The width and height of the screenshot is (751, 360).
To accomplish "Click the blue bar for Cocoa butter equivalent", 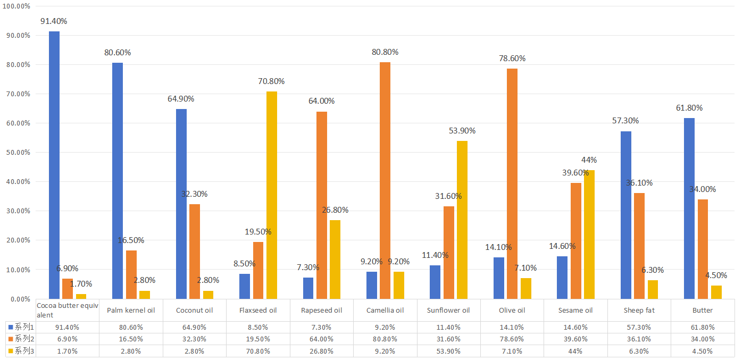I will [x=54, y=165].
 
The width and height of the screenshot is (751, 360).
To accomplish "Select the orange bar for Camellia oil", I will [x=385, y=181].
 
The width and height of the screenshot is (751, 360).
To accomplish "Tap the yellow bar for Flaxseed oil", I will [x=272, y=195].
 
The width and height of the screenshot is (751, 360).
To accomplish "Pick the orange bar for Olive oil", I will [x=512, y=183].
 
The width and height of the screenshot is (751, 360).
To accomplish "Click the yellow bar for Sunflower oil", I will [x=462, y=220].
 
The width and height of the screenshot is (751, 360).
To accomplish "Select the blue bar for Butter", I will [x=689, y=208].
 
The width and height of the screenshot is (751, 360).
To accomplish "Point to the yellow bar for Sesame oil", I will [x=589, y=235].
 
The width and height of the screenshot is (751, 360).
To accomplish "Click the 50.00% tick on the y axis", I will [x=17, y=153].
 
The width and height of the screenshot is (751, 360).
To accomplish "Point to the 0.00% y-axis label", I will [x=19, y=299].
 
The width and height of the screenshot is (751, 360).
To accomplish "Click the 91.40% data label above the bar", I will [x=54, y=21].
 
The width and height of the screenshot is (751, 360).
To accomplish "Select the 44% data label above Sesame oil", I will [x=589, y=160].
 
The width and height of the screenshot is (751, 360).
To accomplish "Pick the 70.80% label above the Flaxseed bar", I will [x=271, y=81].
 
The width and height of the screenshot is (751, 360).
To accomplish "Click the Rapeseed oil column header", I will [x=321, y=310].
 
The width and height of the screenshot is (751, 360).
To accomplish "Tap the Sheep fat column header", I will [x=639, y=310].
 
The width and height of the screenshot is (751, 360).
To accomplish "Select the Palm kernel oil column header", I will [x=131, y=310].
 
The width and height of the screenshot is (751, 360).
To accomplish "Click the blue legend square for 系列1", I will [x=10, y=327].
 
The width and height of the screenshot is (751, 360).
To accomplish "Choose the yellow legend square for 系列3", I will [x=10, y=351].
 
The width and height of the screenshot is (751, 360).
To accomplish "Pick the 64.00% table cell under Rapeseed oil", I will [x=321, y=339].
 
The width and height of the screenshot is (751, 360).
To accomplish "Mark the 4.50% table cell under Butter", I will [x=702, y=351].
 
